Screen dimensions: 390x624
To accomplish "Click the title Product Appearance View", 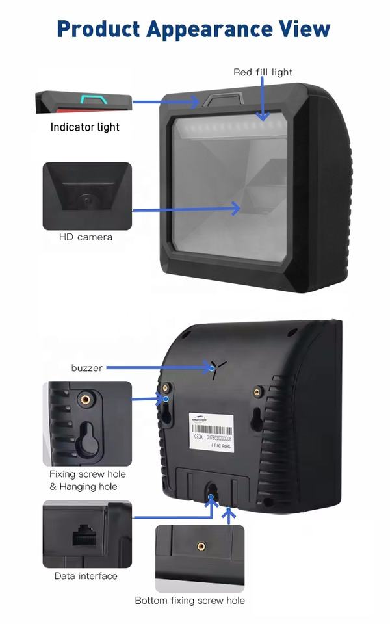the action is click(193, 29).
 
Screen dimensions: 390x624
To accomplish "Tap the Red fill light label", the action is click(263, 71).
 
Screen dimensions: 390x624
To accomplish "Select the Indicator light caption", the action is click(85, 127).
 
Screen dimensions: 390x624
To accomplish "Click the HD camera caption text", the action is click(86, 237).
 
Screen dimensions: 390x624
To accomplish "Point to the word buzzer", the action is click(86, 368).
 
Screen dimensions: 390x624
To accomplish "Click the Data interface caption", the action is click(86, 576).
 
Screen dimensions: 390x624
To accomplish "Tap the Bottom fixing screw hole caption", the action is click(190, 600).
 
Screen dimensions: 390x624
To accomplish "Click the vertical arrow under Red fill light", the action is click(263, 97).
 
